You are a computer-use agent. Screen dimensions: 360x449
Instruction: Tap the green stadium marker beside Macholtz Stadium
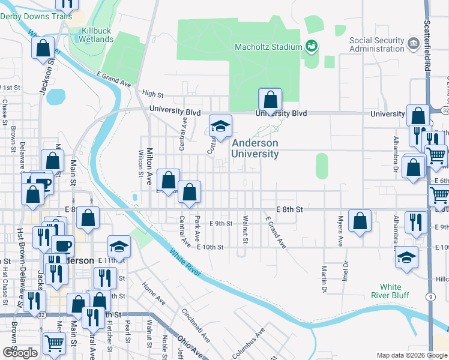click(x=311, y=45)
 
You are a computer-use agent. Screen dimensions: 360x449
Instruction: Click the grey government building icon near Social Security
click(x=413, y=43)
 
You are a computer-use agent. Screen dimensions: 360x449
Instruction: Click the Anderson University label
click(x=255, y=149)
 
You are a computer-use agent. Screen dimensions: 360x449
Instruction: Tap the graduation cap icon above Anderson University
click(x=220, y=126)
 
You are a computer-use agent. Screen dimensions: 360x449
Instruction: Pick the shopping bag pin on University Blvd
click(x=270, y=99)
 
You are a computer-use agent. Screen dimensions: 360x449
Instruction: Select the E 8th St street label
click(x=289, y=209)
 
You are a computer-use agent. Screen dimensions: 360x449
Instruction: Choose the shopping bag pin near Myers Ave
click(x=360, y=220)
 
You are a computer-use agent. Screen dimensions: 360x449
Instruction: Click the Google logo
click(x=20, y=353)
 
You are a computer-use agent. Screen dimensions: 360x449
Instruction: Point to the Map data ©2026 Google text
click(x=411, y=355)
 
